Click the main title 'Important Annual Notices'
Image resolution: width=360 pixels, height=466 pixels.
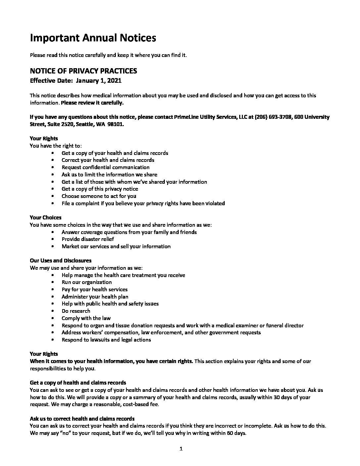93,38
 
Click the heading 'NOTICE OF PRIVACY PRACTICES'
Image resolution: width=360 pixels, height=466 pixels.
83,71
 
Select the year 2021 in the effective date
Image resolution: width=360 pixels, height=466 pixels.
114,80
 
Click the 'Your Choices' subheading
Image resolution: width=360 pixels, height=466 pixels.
45,217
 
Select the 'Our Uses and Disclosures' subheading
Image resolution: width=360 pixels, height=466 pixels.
61,260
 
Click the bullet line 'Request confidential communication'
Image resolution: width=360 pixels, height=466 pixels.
106,167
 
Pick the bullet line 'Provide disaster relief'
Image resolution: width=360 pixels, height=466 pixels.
88,239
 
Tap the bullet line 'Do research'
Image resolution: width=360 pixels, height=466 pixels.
76,311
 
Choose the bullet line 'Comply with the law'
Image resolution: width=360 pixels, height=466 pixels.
86,318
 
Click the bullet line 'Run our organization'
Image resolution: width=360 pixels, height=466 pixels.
87,282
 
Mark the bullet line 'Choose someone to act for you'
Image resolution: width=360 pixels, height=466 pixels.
99,196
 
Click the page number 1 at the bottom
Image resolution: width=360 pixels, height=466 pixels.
181,449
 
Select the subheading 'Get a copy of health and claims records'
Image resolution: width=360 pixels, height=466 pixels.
78,383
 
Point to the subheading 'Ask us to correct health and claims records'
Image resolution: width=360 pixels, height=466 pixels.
82,418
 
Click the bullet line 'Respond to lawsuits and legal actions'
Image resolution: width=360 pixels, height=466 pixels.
106,340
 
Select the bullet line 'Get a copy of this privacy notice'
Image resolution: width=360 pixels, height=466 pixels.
100,189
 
